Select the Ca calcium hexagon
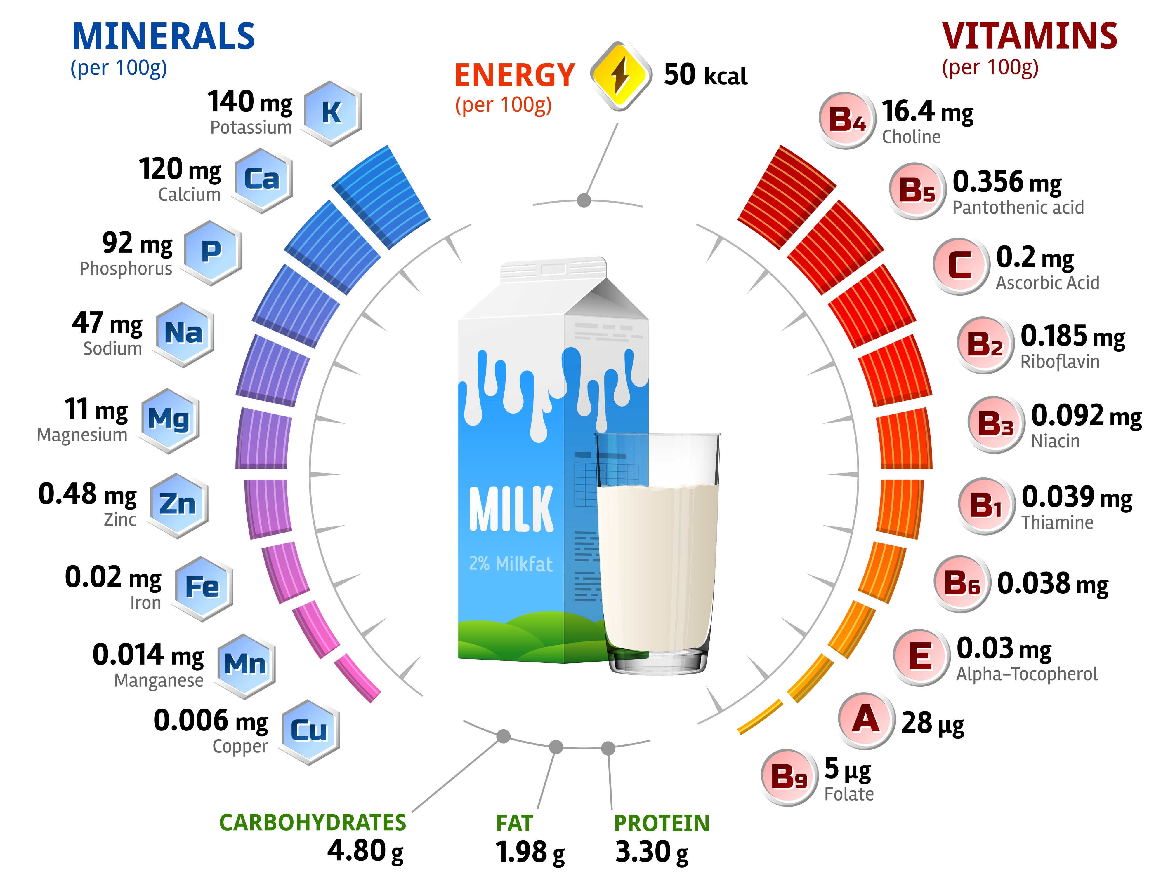(262, 179)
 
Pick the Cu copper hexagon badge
(309, 731)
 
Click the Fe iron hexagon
(202, 587)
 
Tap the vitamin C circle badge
(959, 266)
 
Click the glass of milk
(657, 554)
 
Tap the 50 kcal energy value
(705, 76)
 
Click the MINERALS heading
(163, 37)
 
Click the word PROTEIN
(662, 823)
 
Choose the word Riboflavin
(1060, 362)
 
